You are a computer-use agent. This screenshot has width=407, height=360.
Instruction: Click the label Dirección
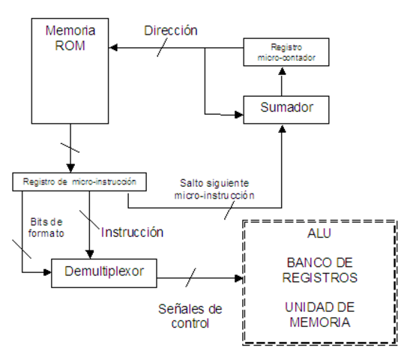(171, 31)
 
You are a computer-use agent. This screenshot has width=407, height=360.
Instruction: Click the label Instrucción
(132, 232)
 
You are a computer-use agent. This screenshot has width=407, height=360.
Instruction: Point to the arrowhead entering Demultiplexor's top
(91, 254)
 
